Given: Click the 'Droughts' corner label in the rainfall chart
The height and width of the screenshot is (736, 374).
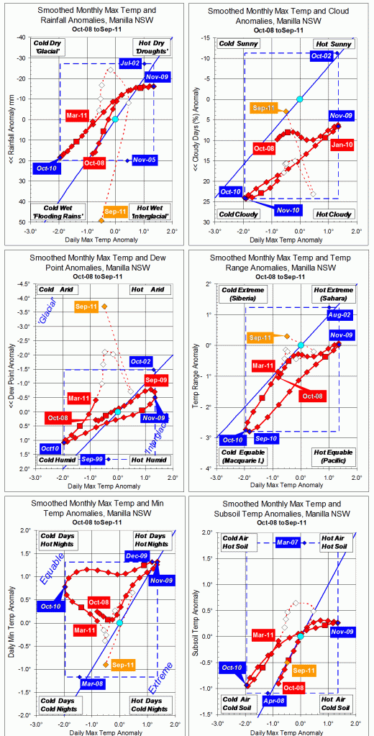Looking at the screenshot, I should click(x=152, y=52).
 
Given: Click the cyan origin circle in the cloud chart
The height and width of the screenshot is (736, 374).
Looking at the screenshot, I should click(x=300, y=99).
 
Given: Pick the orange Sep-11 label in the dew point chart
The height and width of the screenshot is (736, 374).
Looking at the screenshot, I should click(x=88, y=306).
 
